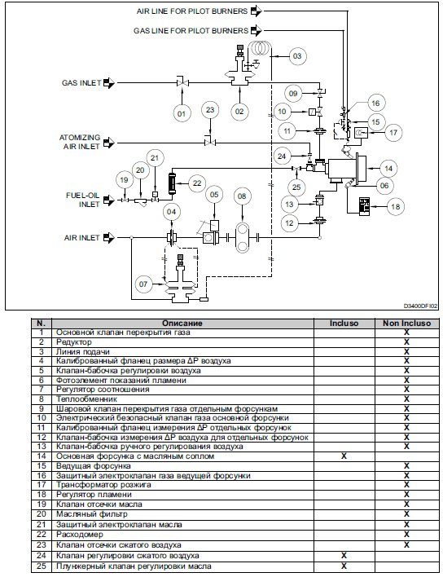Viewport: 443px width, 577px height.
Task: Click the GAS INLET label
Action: click(81, 83)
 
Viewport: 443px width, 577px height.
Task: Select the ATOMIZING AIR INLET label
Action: click(80, 142)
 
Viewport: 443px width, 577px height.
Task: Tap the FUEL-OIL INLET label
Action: click(83, 200)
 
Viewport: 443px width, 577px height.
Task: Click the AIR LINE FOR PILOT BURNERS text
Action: click(192, 11)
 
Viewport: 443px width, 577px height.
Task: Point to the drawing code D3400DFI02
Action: click(420, 306)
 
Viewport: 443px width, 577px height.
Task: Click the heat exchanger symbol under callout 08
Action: click(242, 237)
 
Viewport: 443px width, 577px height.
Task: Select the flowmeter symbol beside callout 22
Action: click(171, 183)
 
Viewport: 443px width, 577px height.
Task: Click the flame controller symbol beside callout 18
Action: click(364, 205)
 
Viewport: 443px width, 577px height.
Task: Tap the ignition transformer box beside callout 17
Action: click(361, 133)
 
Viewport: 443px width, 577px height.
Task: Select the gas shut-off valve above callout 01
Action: click(182, 82)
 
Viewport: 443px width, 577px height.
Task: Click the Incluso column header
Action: click(344, 324)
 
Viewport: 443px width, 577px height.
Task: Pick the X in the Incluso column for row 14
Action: click(344, 456)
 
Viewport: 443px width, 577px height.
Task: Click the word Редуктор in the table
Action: click(74, 341)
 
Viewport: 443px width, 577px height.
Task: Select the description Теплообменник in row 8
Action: click(87, 399)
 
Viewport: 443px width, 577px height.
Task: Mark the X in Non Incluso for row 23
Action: click(406, 544)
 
